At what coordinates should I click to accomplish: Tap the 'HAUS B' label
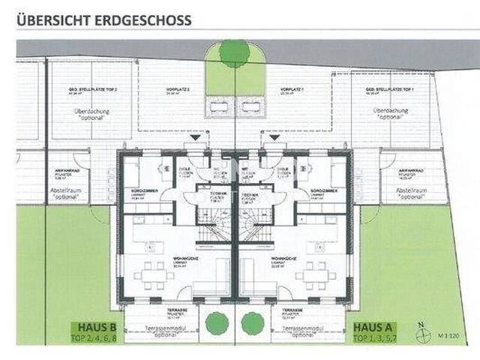91,328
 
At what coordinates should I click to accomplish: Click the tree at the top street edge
235,52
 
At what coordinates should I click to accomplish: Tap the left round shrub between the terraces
217,322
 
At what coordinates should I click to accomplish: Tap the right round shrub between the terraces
253,322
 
